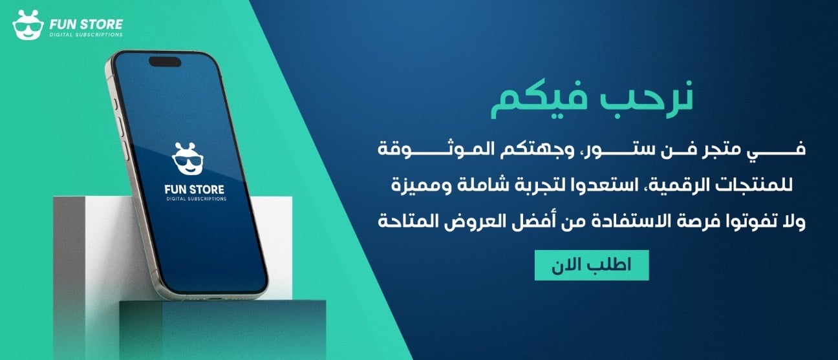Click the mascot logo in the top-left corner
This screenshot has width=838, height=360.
click(x=28, y=25)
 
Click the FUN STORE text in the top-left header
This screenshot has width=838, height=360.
click(x=86, y=25)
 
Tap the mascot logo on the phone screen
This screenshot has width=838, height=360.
click(x=188, y=159)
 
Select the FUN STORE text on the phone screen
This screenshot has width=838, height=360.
click(x=195, y=189)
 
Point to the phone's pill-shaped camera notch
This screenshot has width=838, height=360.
click(x=165, y=61)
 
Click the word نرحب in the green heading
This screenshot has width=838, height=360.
click(x=647, y=99)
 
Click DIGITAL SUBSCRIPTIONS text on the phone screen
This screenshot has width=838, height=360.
click(x=197, y=199)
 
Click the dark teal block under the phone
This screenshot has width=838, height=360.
click(x=222, y=329)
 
